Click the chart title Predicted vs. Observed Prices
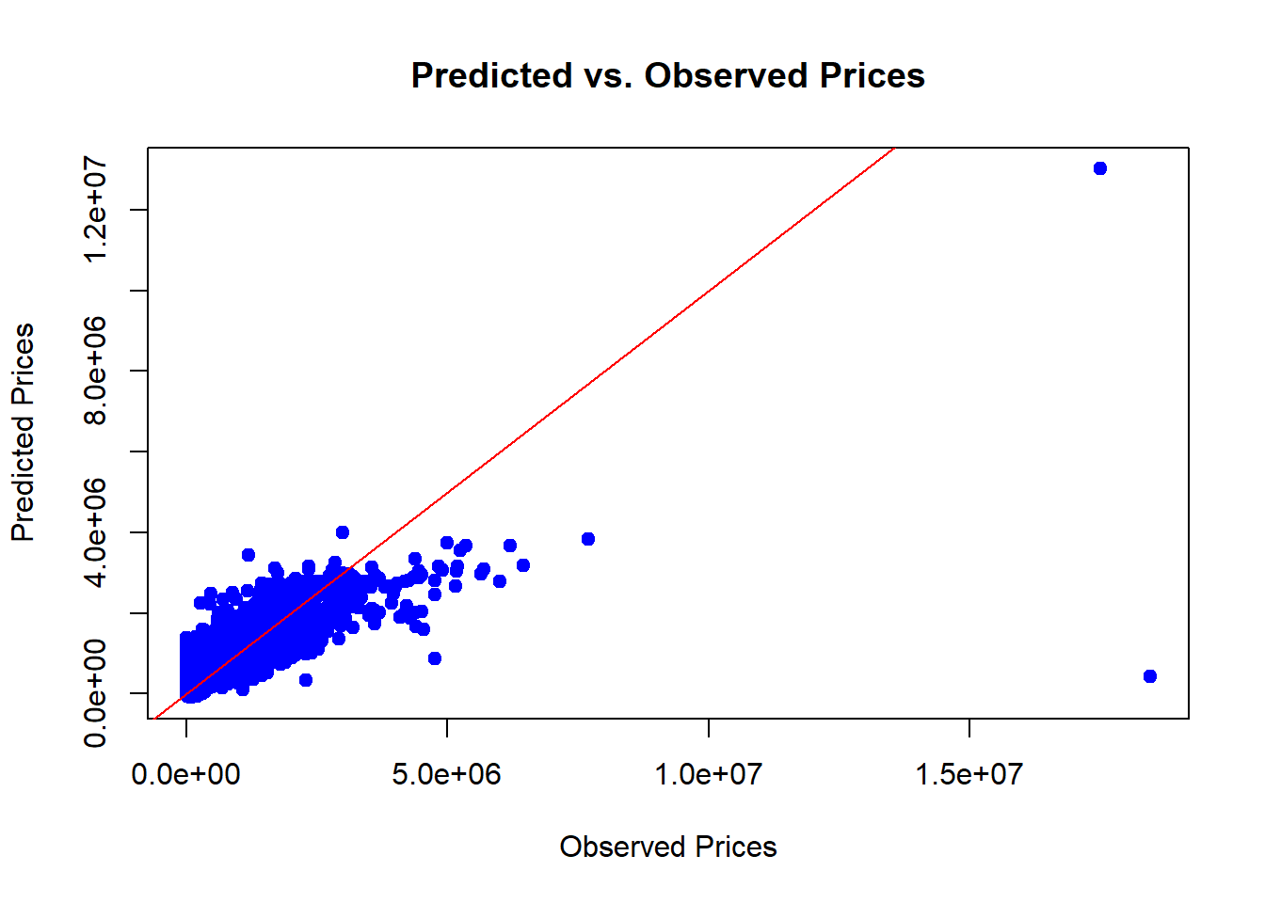click(x=667, y=75)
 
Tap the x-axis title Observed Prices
click(x=667, y=847)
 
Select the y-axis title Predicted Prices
click(x=23, y=433)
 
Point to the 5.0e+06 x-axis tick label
click(x=446, y=774)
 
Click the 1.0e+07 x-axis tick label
click(x=708, y=774)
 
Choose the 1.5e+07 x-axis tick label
click(x=969, y=774)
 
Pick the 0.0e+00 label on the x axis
click(x=185, y=774)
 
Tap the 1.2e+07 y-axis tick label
click(x=95, y=209)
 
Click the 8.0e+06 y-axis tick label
click(x=95, y=371)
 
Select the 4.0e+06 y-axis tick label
click(x=95, y=531)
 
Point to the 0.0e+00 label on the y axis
click(x=95, y=693)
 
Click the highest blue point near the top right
click(x=1099, y=168)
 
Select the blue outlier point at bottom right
click(x=1149, y=676)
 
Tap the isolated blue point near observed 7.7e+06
click(x=588, y=539)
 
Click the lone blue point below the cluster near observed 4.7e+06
click(x=434, y=658)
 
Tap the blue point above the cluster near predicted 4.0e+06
click(x=343, y=532)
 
